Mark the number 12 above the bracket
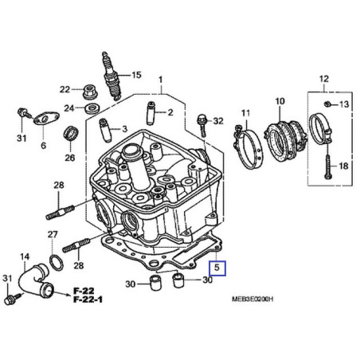tap(323, 78)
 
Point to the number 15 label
tap(135, 75)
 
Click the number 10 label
tap(279, 101)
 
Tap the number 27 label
tap(53, 234)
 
